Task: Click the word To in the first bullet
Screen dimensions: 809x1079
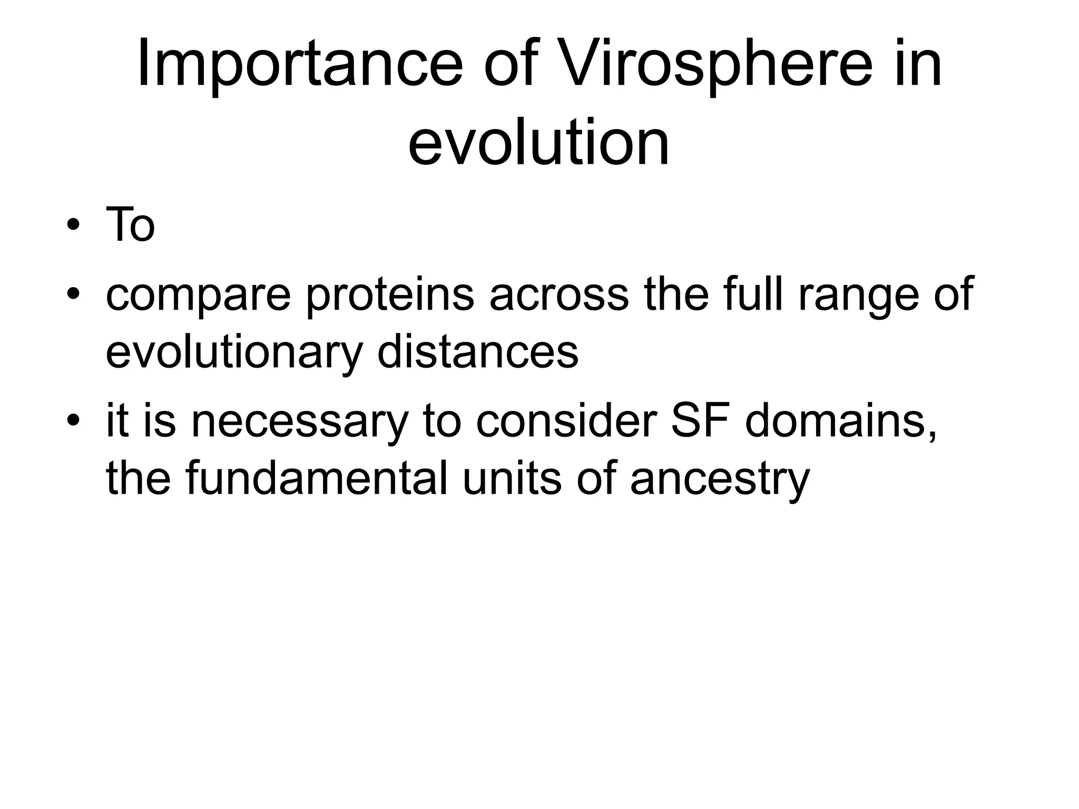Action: point(130,225)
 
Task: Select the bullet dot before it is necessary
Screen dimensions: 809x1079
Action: point(73,421)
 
